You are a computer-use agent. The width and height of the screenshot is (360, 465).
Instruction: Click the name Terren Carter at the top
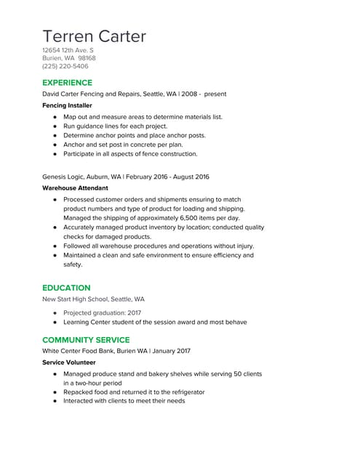[x=94, y=36]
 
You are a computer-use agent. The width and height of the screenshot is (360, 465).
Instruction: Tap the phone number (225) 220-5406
[x=65, y=67]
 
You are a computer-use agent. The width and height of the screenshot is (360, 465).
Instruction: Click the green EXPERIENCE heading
[x=67, y=83]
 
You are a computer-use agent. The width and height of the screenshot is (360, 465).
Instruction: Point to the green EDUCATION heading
[x=66, y=288]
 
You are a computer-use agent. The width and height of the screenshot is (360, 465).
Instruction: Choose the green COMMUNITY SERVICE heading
[x=86, y=340]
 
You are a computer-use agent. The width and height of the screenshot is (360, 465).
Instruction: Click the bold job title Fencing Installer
[x=67, y=105]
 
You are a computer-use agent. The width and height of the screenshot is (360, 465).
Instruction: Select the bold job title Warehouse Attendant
[x=73, y=187]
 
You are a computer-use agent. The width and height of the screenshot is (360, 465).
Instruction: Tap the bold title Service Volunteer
[x=68, y=362]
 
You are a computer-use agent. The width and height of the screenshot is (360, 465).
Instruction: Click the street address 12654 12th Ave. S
[x=68, y=50]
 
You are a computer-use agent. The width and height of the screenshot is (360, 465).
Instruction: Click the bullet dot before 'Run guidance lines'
[x=55, y=126]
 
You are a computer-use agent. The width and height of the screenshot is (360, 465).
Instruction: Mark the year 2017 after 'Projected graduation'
[x=134, y=312]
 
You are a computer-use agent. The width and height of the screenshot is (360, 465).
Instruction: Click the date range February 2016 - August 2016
[x=167, y=177]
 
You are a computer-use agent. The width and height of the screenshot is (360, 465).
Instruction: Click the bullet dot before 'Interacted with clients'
[x=55, y=400]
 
